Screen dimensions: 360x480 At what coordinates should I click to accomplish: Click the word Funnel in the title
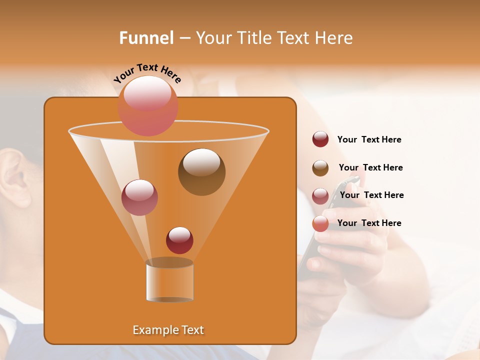146,38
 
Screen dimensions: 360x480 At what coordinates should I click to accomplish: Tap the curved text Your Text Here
147,73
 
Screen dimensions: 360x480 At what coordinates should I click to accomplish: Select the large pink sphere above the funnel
148,105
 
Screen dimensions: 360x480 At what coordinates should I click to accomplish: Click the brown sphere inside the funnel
201,172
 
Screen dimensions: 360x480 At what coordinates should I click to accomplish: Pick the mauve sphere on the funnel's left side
139,197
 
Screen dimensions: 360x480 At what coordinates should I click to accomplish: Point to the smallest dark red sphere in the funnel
179,240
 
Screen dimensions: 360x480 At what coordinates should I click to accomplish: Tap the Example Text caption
168,330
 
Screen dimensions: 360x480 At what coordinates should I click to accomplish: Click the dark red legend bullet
320,139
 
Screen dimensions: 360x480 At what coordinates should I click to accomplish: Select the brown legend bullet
320,168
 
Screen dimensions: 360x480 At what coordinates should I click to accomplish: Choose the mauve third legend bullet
320,196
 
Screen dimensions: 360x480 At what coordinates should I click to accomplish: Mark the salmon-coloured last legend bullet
320,223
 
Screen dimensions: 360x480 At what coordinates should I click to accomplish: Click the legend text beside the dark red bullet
369,139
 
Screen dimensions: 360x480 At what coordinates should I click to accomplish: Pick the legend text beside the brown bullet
370,167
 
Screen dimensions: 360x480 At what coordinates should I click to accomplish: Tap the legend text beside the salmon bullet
369,223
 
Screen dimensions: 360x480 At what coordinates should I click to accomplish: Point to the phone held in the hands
325,220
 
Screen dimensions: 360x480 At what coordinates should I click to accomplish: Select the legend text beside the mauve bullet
371,195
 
